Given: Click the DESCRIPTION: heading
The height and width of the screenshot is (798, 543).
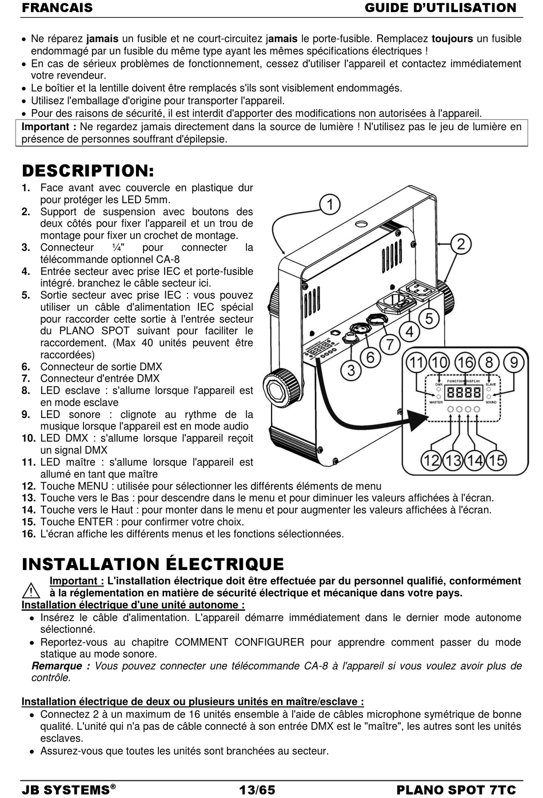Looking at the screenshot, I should pos(88,171).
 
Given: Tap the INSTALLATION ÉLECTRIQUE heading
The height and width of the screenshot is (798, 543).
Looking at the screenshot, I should pos(153,564).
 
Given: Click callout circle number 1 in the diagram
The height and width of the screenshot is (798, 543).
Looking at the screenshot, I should pos(330,204).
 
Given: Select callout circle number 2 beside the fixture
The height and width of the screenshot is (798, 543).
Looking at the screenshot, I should pos(461,244).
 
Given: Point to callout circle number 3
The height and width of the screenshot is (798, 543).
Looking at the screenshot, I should pos(351,370).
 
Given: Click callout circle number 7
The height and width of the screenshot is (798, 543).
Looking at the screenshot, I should pos(390,344).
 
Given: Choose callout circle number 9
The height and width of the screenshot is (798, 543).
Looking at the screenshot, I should pos(514,363).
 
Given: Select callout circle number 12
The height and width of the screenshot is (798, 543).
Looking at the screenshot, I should pos(432,460).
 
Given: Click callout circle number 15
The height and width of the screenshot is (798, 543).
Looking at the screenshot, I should pos(496,460).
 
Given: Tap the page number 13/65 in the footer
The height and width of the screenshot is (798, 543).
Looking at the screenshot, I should pos(257,790).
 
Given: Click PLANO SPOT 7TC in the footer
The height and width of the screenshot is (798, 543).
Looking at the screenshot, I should pos(456,790).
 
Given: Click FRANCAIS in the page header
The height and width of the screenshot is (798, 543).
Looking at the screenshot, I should pos(57,8).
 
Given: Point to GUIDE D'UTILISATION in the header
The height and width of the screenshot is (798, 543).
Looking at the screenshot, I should pos(440,8).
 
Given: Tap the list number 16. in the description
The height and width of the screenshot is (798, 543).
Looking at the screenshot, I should pos(29,534).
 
